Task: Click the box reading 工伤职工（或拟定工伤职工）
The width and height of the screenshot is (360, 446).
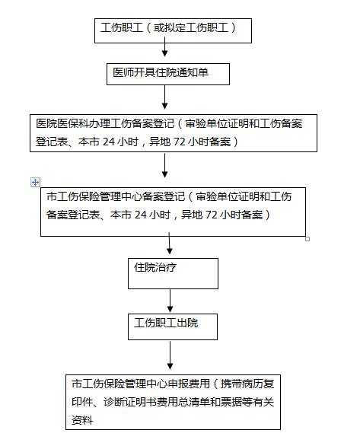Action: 173,30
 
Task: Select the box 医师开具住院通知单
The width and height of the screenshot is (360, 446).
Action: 168,75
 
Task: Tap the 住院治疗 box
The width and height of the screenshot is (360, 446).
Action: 173,274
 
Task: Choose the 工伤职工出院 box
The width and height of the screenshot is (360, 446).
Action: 173,327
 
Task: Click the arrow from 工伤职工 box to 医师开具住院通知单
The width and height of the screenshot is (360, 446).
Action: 164,46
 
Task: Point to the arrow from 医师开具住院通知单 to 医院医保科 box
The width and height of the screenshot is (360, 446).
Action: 164,97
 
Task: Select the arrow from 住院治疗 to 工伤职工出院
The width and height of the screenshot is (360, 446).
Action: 170,301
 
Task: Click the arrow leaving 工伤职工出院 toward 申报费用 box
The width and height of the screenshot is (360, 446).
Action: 170,355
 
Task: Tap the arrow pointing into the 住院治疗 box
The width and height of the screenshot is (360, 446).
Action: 170,244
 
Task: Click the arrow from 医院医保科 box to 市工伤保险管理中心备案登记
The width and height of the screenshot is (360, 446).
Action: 164,166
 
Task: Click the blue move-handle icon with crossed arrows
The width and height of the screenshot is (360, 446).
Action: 35,183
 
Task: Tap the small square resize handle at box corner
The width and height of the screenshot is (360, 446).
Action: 307,239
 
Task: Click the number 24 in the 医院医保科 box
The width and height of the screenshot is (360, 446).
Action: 109,142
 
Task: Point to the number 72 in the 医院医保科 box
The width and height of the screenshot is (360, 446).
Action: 179,142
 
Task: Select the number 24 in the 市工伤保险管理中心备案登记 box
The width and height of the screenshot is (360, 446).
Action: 141,215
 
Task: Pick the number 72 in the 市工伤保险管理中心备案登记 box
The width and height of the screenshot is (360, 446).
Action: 211,215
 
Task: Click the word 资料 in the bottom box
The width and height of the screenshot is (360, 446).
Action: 82,420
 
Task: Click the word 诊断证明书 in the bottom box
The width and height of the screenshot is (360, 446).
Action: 130,402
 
